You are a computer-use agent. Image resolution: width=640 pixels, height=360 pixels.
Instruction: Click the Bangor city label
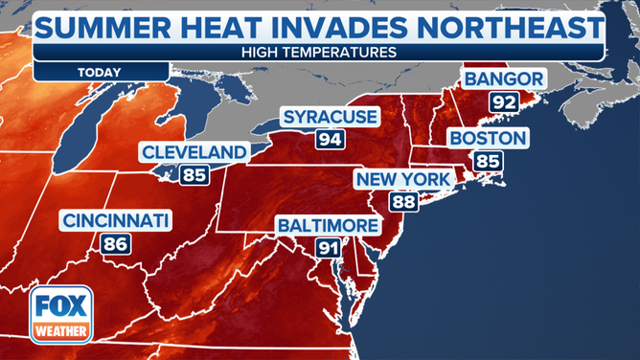[505, 79]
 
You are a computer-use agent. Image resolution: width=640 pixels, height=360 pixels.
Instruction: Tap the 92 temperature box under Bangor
[505, 101]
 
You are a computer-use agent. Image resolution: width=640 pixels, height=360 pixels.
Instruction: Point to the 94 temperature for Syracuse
[330, 141]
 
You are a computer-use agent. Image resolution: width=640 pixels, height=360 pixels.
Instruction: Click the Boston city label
[489, 139]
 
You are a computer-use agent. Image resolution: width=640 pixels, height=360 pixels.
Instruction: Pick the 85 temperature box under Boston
[489, 161]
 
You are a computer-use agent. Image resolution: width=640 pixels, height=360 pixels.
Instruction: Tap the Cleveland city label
[194, 152]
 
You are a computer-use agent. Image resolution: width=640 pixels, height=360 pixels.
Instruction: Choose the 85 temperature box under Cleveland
[194, 174]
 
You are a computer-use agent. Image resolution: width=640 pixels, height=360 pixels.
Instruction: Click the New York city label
[402, 179]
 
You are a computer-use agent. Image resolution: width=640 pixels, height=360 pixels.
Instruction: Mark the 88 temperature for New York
[402, 201]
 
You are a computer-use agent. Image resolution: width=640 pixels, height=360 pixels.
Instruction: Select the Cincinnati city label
[116, 221]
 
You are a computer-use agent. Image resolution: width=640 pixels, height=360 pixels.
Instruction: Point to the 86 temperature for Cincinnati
[116, 243]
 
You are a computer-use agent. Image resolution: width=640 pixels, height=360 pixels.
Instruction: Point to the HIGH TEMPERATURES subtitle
[320, 50]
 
